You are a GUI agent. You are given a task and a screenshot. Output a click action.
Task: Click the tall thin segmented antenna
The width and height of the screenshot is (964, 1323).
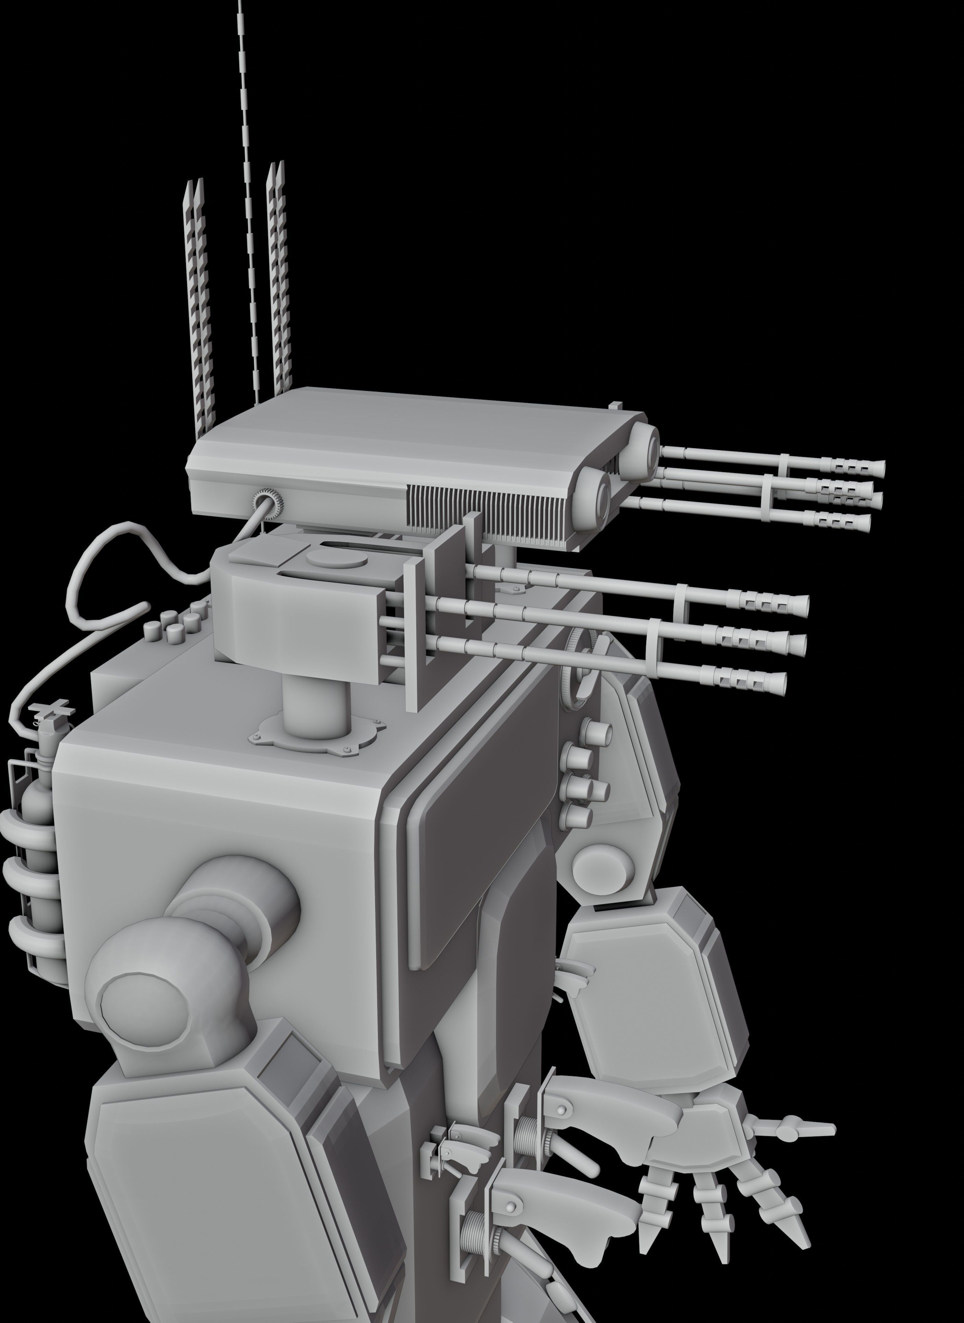248,204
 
